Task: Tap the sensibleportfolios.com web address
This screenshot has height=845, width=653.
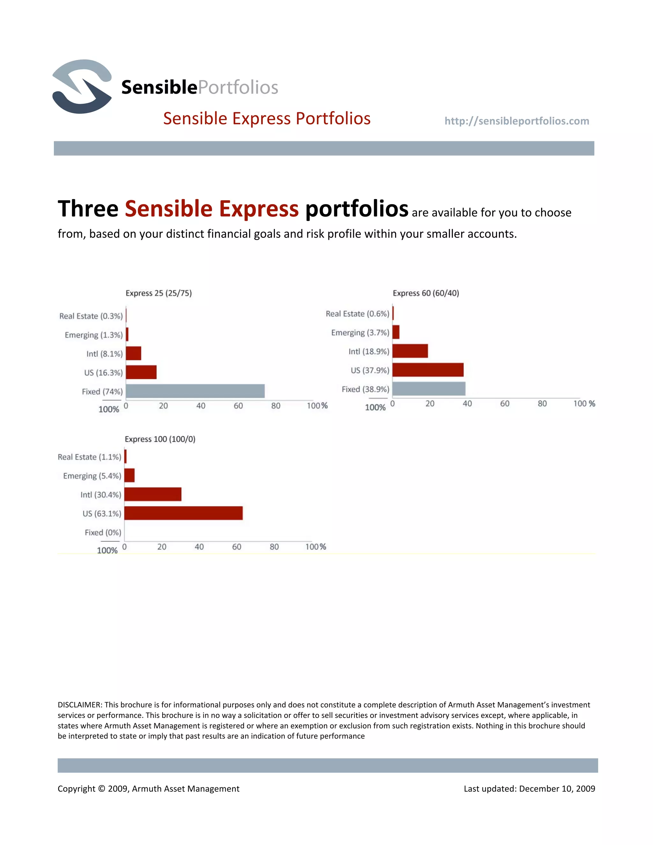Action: click(x=517, y=121)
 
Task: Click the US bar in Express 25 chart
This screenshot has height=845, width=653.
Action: click(x=141, y=372)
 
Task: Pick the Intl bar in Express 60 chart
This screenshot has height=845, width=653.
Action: click(x=410, y=351)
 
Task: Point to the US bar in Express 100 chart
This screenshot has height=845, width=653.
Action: click(x=183, y=513)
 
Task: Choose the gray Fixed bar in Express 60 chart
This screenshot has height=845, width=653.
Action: click(x=429, y=388)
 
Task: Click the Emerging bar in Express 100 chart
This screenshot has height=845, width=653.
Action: click(x=129, y=475)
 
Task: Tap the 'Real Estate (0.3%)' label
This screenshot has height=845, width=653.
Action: click(x=91, y=316)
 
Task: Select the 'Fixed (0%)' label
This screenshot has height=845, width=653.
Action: click(x=103, y=533)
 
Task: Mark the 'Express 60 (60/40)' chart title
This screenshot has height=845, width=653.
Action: click(x=426, y=293)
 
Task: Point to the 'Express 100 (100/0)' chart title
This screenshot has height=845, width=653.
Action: click(x=160, y=439)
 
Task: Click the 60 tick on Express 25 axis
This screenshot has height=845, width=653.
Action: click(x=238, y=406)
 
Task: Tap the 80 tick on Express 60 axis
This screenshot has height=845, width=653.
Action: click(x=542, y=404)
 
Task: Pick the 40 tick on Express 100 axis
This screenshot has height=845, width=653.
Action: click(x=199, y=547)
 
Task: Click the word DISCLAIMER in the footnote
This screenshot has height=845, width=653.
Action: click(x=80, y=705)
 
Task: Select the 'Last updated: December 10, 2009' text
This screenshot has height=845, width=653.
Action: click(x=529, y=789)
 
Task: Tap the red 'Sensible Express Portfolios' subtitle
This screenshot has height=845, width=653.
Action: click(x=267, y=118)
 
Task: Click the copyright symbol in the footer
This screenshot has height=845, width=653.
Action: click(x=101, y=789)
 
